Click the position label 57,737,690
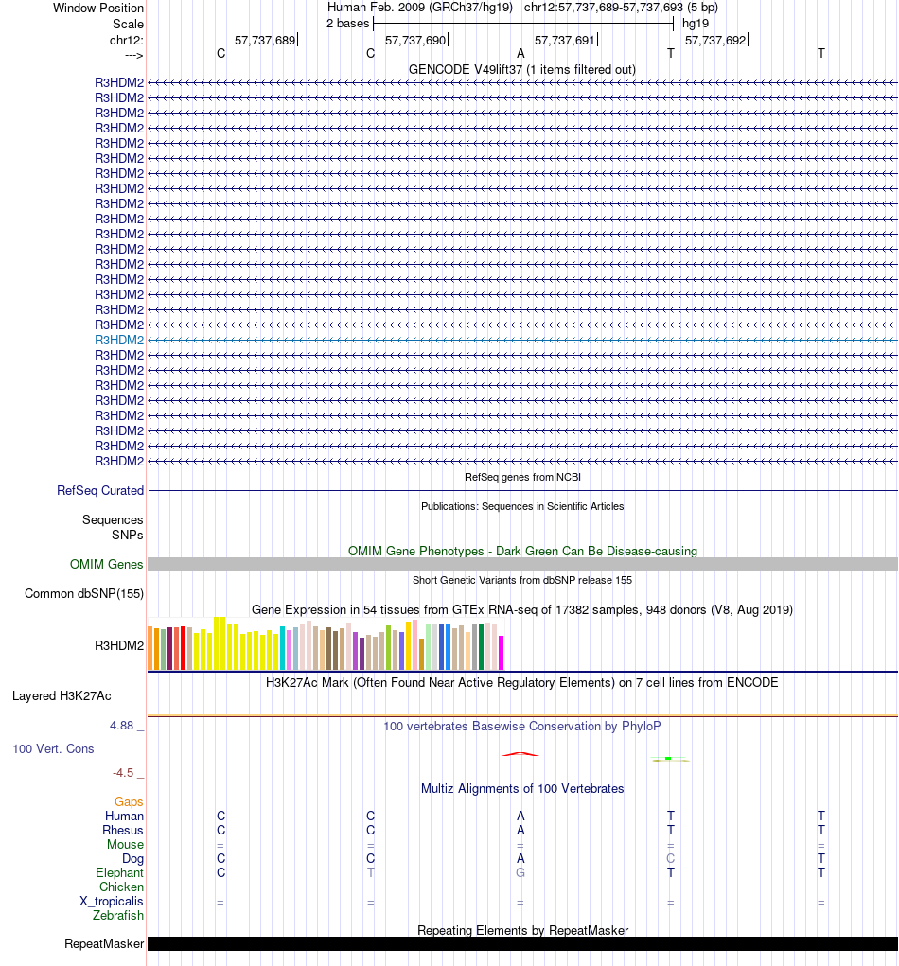click(414, 41)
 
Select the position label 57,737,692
click(714, 41)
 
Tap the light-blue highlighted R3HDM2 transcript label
click(119, 340)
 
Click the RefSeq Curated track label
click(100, 491)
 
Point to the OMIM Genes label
click(107, 565)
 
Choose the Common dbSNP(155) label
click(84, 594)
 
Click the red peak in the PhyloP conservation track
click(520, 754)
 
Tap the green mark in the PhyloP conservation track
click(668, 759)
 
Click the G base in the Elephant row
click(520, 873)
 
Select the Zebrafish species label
click(118, 916)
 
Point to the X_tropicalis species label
click(112, 902)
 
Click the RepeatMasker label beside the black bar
click(104, 944)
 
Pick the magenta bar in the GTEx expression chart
click(502, 653)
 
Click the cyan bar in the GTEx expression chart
click(283, 648)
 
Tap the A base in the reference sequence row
click(520, 54)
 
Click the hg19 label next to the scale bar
click(696, 24)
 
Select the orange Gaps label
click(129, 802)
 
